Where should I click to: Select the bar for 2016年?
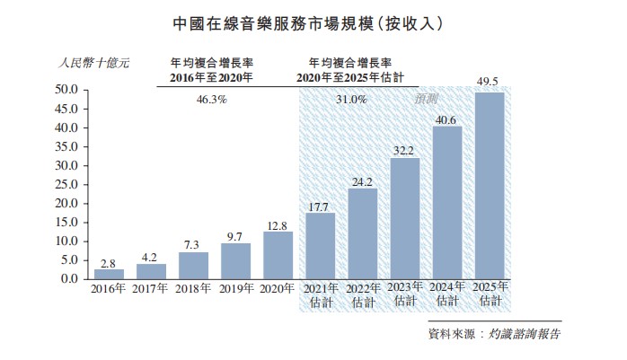click(x=109, y=273)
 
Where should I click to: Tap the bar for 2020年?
click(x=278, y=255)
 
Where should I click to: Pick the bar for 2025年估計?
click(x=490, y=186)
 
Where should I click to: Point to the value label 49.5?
click(x=489, y=83)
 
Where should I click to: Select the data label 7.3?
click(x=193, y=244)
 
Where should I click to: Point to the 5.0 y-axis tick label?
click(x=72, y=260)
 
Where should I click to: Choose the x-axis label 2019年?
click(x=235, y=288)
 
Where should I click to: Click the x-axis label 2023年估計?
click(x=404, y=294)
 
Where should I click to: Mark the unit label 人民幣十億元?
click(x=93, y=63)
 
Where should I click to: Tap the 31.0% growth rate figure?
click(x=351, y=100)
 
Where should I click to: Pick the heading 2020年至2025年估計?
click(x=351, y=78)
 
